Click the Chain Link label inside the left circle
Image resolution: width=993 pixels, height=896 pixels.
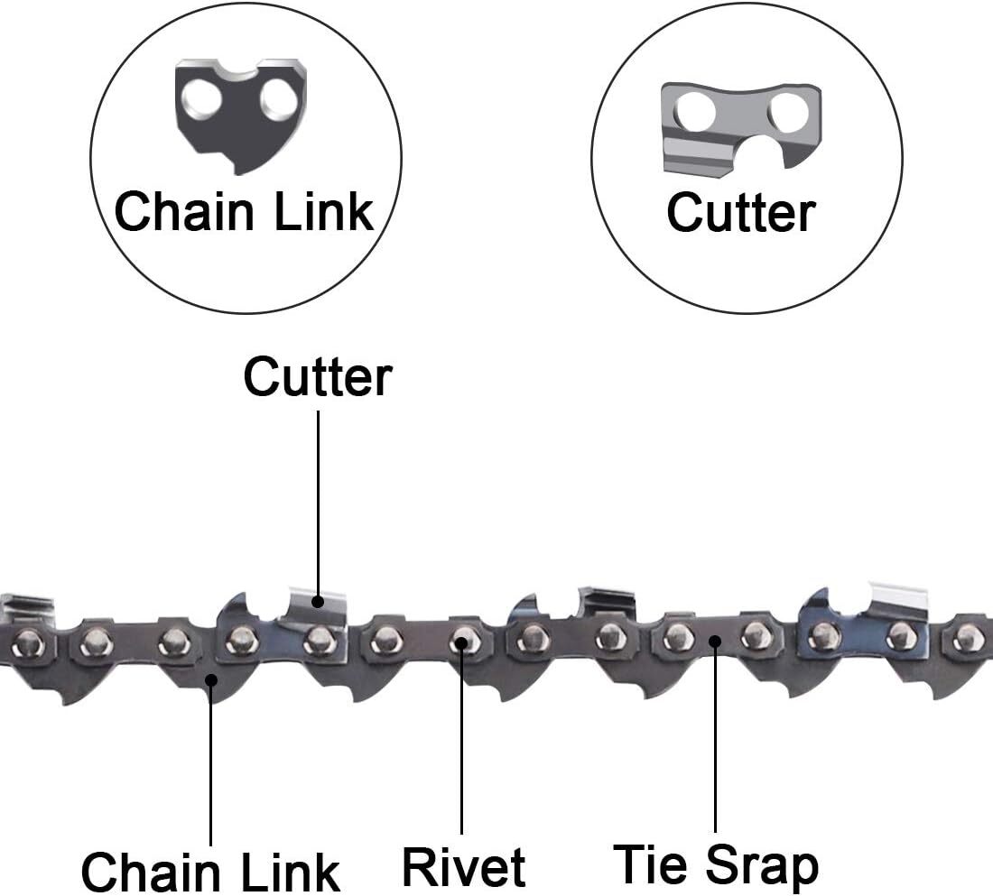244,211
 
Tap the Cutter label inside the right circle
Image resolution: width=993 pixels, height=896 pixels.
740,212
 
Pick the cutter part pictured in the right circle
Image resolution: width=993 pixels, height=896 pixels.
740,126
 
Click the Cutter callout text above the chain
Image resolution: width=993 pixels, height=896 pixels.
318,376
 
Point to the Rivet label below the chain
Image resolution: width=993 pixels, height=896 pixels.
463,866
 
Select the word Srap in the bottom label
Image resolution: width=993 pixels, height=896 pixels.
762,864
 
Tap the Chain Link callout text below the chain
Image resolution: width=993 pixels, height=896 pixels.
210,872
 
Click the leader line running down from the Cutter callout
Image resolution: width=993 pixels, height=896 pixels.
318,505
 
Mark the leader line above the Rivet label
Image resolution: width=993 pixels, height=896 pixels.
462,740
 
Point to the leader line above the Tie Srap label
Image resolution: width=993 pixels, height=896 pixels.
715,740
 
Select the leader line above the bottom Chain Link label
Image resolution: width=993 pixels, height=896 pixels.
211,767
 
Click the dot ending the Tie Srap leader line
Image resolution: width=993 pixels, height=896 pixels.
715,642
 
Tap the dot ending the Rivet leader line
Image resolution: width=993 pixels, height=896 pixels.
462,642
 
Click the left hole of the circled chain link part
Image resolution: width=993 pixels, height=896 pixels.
207,98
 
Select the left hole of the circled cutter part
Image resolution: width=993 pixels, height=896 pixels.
697,113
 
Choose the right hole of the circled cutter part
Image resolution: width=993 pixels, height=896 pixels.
789,112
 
